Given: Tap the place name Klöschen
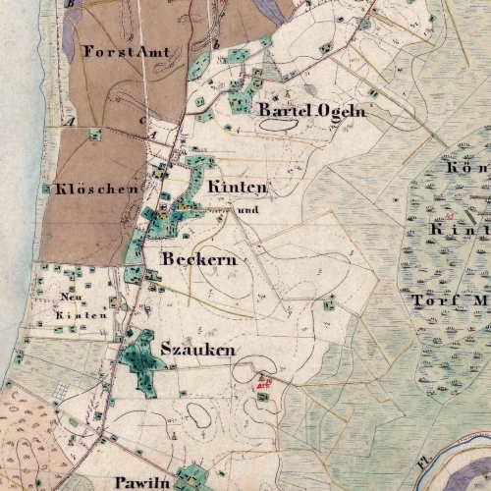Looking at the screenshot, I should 95,189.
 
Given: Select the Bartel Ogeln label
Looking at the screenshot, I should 299,112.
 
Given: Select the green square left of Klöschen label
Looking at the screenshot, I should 45,188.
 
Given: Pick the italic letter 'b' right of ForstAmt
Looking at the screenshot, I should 216,44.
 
